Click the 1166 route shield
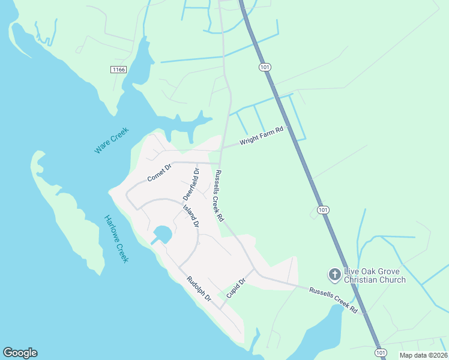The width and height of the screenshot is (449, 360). [119, 70]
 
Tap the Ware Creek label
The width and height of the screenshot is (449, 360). [112, 140]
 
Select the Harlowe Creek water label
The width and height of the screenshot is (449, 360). [116, 239]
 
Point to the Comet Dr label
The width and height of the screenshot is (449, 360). [159, 173]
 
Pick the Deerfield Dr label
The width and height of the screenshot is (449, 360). [190, 185]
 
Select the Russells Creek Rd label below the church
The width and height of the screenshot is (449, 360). [333, 301]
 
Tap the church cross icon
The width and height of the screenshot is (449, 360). [334, 274]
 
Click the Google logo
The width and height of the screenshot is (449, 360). [20, 353]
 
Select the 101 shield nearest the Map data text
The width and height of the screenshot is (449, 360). [380, 352]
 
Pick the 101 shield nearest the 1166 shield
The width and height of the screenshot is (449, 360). [265, 67]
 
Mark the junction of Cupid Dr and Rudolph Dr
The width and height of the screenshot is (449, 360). [220, 308]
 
